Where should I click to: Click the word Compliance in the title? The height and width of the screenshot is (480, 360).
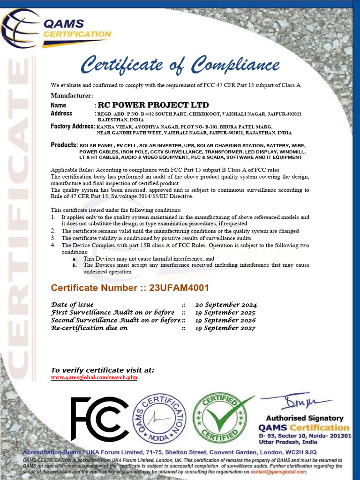pyautogui.click(x=237, y=64)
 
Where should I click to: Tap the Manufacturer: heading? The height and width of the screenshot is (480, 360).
pyautogui.click(x=72, y=96)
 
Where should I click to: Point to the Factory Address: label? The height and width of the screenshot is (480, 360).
pyautogui.click(x=73, y=127)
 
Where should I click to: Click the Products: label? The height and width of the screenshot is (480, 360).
pyautogui.click(x=64, y=145)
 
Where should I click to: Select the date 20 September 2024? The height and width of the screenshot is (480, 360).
pyautogui.click(x=226, y=305)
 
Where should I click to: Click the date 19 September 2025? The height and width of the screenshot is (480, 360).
pyautogui.click(x=225, y=313)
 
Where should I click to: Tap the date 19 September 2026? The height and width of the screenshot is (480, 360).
pyautogui.click(x=225, y=320)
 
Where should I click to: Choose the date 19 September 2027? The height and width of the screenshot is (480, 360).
pyautogui.click(x=225, y=328)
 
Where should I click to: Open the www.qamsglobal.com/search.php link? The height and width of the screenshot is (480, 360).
pyautogui.click(x=94, y=377)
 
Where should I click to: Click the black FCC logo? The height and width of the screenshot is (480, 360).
pyautogui.click(x=99, y=419)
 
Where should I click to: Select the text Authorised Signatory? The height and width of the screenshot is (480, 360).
pyautogui.click(x=305, y=418)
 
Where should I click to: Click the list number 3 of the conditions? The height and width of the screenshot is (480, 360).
pyautogui.click(x=53, y=238)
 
